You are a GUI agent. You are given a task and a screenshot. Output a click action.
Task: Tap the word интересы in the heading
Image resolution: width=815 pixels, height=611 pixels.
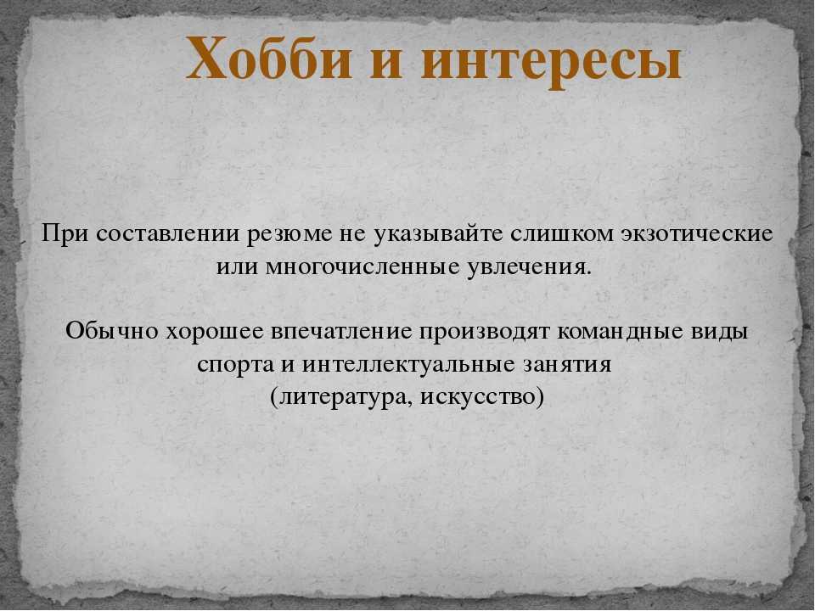552,61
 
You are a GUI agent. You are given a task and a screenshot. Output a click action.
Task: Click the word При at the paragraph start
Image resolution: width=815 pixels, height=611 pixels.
65,233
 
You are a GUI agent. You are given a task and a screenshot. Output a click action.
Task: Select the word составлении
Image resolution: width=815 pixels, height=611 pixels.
168,233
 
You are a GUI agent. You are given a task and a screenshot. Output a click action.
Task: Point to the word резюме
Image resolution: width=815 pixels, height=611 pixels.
289,235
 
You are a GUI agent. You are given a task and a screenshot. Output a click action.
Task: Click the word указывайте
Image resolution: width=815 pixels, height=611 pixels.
438,235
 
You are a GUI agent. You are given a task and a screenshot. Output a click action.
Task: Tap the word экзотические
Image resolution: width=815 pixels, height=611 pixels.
696,233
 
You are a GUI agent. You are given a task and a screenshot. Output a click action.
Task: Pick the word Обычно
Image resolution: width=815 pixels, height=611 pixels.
112,331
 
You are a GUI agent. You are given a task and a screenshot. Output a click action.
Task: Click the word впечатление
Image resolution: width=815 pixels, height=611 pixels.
341,331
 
